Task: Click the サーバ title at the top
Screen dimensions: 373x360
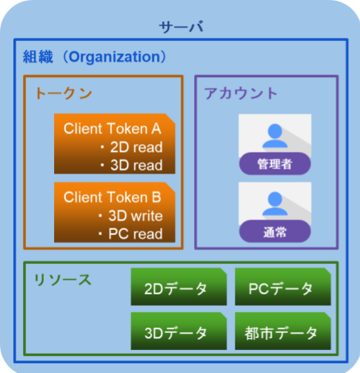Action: tap(181, 27)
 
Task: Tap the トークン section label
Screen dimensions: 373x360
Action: tap(64, 93)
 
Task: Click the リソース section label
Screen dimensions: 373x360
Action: tap(62, 280)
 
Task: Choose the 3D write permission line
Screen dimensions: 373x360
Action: tap(133, 216)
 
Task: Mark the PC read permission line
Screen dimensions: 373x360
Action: tap(133, 234)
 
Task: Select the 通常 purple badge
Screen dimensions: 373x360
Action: tap(274, 232)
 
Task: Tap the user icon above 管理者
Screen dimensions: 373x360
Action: tap(274, 134)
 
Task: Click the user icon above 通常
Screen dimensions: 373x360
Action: tap(274, 202)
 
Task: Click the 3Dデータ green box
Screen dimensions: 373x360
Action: tap(178, 331)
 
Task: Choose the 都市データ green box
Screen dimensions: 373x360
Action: tap(281, 331)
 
